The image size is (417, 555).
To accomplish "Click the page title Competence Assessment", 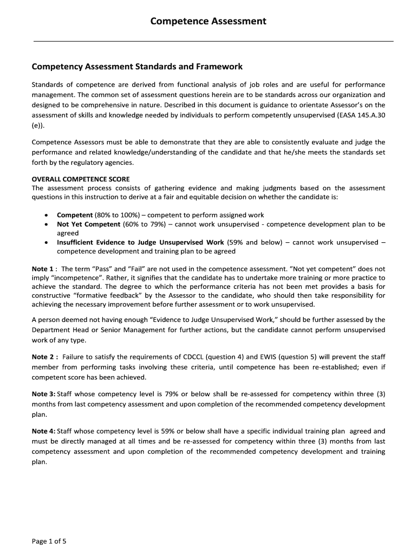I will pyautogui.click(x=208, y=21).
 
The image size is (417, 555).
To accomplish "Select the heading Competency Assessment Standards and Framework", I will pyautogui.click(x=137, y=67).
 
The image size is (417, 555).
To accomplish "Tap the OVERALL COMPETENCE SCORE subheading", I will pyautogui.click(x=81, y=179).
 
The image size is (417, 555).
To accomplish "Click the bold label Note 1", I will pyautogui.click(x=43, y=269).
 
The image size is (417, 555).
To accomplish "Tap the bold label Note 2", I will pyautogui.click(x=43, y=357).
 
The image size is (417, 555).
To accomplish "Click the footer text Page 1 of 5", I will pyautogui.click(x=49, y=541).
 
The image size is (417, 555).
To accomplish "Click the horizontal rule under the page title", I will pyautogui.click(x=213, y=41).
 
